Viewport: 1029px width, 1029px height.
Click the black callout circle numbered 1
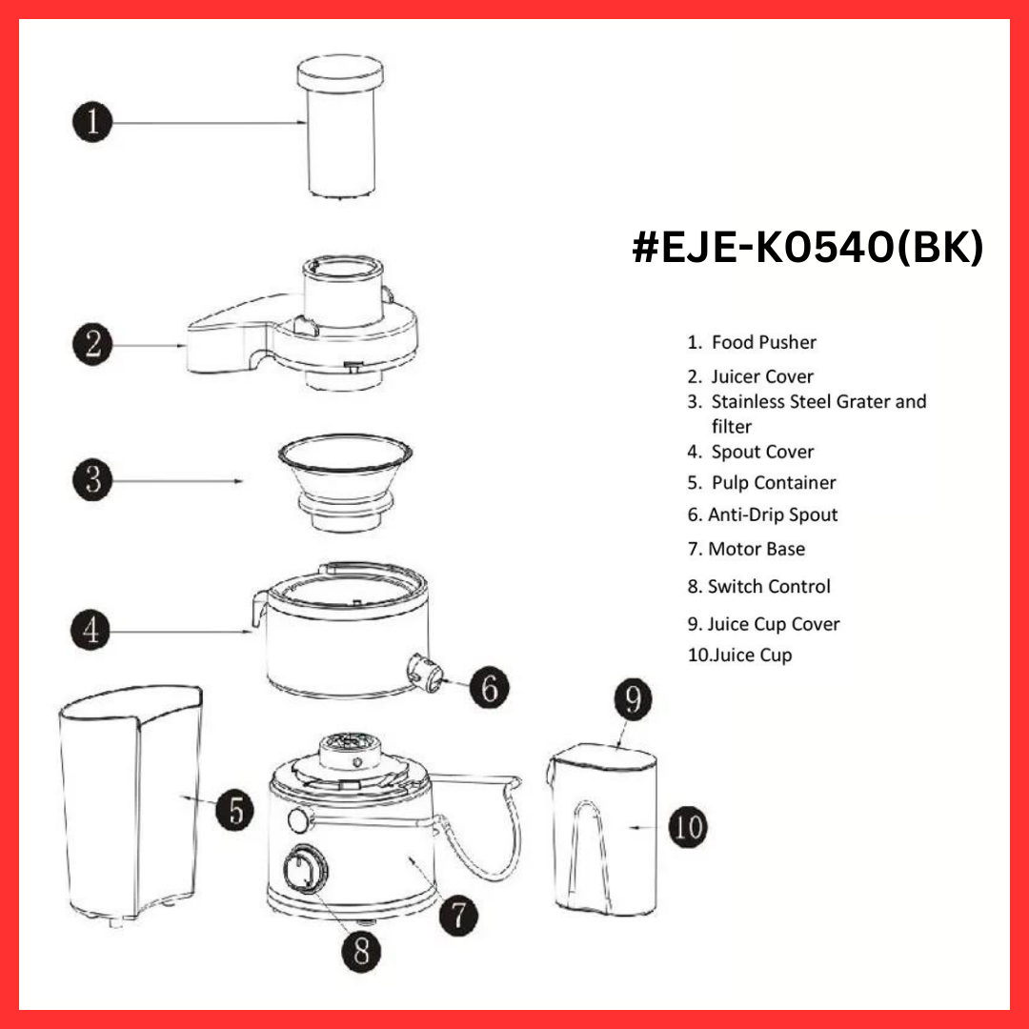pyautogui.click(x=92, y=122)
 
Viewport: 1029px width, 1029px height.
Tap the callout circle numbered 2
pyautogui.click(x=92, y=343)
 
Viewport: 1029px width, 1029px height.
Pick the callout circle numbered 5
pyautogui.click(x=234, y=811)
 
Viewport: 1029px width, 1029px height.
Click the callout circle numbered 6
pyautogui.click(x=489, y=686)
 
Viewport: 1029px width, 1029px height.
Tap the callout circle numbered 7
pyautogui.click(x=458, y=915)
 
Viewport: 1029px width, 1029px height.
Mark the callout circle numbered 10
pyautogui.click(x=687, y=826)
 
